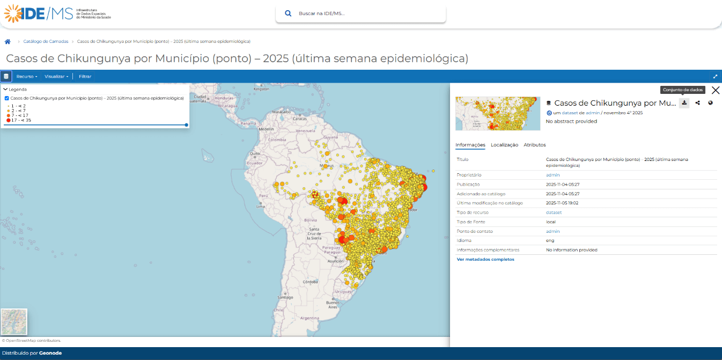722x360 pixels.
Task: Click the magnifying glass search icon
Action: [x=288, y=13]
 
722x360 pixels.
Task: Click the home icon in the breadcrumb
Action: [x=8, y=41]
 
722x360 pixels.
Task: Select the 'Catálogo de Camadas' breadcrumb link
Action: [x=46, y=41]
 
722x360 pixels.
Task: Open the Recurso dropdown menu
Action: [x=27, y=77]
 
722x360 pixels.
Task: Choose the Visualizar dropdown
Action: [x=56, y=77]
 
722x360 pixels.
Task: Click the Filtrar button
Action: [x=85, y=77]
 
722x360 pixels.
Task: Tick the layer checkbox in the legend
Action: [x=6, y=98]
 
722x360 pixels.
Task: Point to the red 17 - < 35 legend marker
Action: [x=8, y=120]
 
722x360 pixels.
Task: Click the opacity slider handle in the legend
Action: [x=186, y=125]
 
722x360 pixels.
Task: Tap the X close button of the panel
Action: [x=715, y=90]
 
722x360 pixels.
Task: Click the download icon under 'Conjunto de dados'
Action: [x=684, y=103]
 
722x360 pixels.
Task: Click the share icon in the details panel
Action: [x=697, y=103]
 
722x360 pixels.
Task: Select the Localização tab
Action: [x=504, y=145]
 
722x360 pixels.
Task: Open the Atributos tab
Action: [x=535, y=145]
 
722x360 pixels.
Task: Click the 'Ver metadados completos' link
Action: [x=485, y=259]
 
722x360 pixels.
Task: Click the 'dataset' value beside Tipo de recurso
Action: [x=554, y=212]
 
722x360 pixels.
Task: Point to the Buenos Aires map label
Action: [x=333, y=305]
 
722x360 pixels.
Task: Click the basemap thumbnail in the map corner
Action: [x=14, y=322]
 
